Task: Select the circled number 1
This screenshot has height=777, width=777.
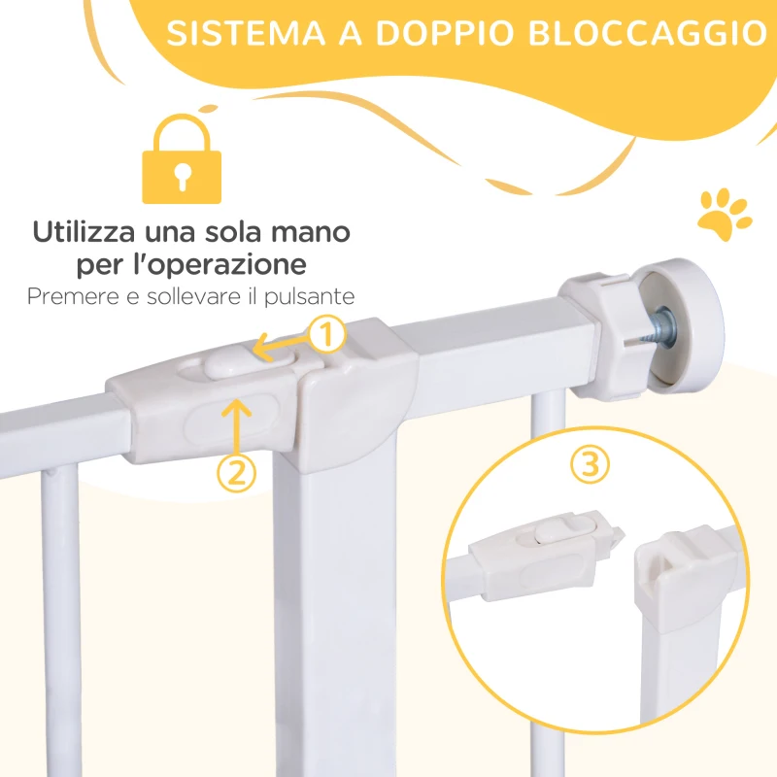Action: click(328, 336)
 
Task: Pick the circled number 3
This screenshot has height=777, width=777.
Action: click(585, 464)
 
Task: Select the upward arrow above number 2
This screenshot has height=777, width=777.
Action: click(237, 421)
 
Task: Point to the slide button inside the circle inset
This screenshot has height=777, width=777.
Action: click(551, 533)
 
